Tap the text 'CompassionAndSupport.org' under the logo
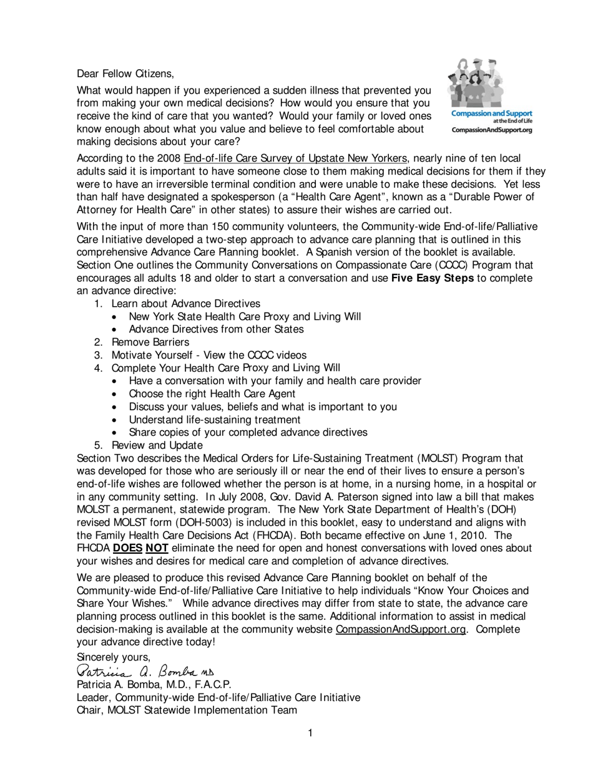click(x=492, y=130)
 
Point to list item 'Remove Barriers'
click(x=150, y=342)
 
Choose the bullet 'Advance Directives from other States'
click(x=216, y=329)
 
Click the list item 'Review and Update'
click(x=157, y=445)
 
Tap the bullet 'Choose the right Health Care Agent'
click(x=212, y=393)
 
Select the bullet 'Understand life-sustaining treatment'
click(x=214, y=420)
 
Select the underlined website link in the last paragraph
click(x=400, y=629)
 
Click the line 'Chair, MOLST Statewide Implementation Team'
click(x=187, y=710)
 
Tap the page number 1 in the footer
click(x=310, y=733)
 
